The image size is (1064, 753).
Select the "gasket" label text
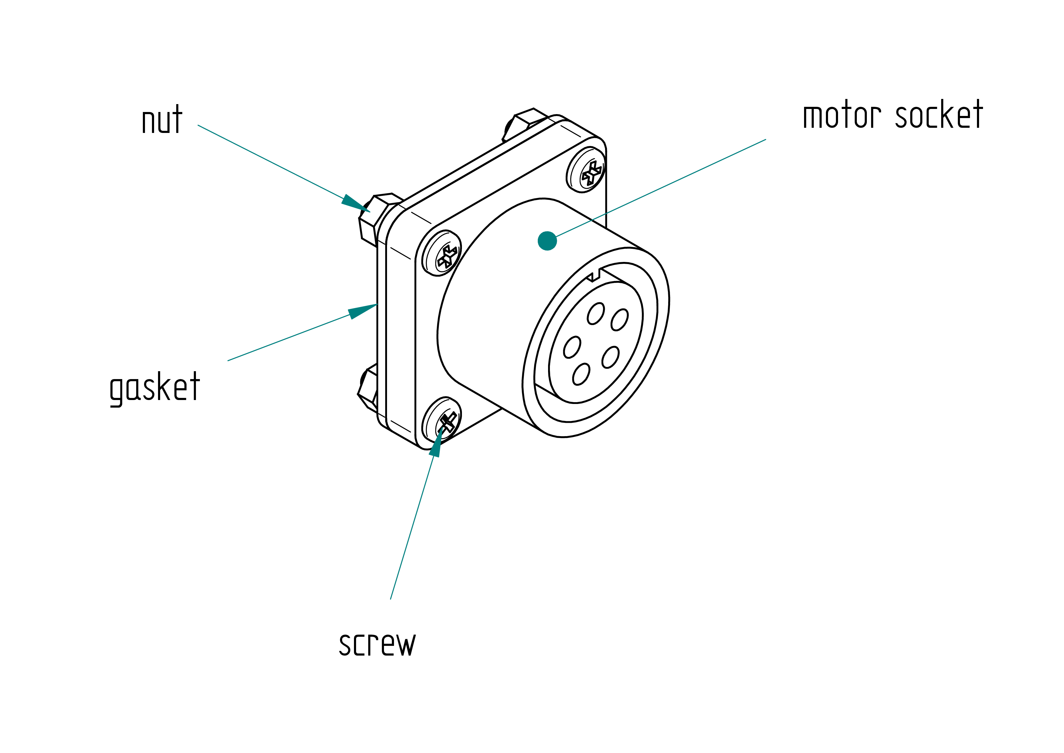pyautogui.click(x=155, y=388)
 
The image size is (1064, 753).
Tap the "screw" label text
pyautogui.click(x=377, y=644)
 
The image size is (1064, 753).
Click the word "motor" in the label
pyautogui.click(x=842, y=115)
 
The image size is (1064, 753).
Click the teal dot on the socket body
pyautogui.click(x=547, y=241)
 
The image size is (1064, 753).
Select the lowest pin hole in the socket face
pyautogui.click(x=581, y=374)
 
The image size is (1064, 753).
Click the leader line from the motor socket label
pyautogui.click(x=661, y=188)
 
